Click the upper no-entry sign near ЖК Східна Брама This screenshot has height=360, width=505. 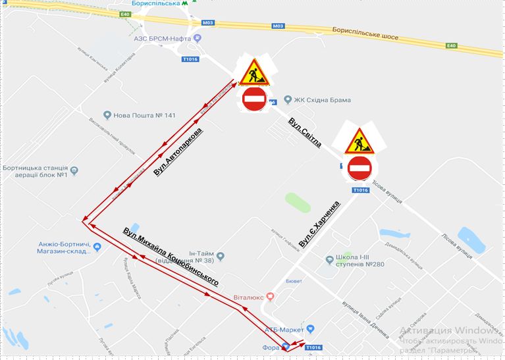[254, 99]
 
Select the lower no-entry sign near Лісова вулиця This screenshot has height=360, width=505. [360, 168]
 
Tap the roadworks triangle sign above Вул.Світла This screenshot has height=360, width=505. [253, 72]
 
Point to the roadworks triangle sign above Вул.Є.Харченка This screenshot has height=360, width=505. [359, 141]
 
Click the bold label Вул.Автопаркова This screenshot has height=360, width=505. [178, 152]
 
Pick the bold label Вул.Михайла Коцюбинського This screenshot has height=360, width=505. [171, 257]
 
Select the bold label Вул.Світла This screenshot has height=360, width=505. [304, 133]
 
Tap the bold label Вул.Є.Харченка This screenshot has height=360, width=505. [319, 224]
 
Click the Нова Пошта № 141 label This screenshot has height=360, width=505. [144, 115]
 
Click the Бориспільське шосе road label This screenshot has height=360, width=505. [365, 33]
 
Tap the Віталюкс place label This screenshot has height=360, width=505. [248, 297]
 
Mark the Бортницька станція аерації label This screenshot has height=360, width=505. [36, 171]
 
